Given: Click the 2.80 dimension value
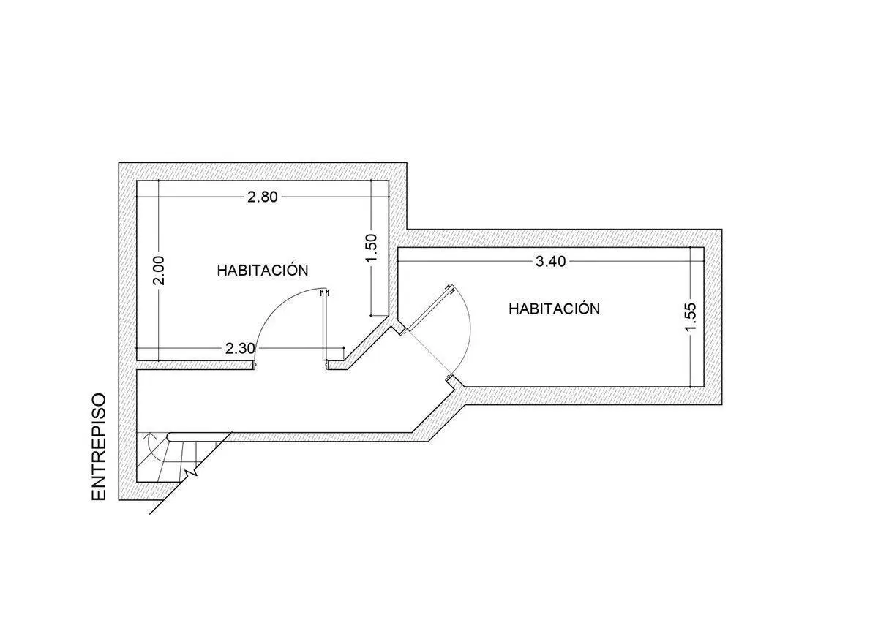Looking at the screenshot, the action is coord(262,197).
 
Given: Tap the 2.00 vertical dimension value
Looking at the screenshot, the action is coord(160,271).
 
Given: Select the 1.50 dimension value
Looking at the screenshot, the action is coord(371,249).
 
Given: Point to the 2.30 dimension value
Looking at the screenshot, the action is coord(240,348).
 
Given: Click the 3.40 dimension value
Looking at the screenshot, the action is coord(551,261).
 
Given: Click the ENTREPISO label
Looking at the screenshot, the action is coord(99,447).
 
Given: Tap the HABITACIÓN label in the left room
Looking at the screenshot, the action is coord(263,271).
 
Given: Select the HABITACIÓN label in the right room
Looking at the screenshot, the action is coord(555,309).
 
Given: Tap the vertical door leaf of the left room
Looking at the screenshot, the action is coord(325,325).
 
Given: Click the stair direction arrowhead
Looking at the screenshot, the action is coord(150,436).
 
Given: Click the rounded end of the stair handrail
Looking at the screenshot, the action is coord(170,436).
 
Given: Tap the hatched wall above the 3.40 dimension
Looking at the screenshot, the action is coord(564,238).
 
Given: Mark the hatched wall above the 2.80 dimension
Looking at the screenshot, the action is coord(263,172).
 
